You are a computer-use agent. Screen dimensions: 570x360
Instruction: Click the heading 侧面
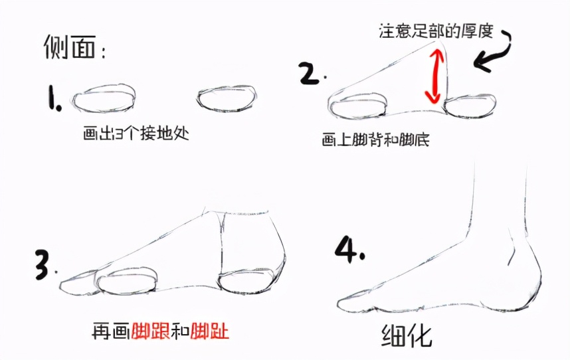click(x=70, y=47)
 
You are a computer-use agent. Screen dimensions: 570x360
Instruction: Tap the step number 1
click(x=54, y=98)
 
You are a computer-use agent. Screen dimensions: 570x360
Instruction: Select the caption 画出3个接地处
click(x=136, y=134)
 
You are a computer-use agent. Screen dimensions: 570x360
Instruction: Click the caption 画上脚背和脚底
click(x=375, y=139)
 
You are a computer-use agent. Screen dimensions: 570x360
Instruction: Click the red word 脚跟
click(x=151, y=331)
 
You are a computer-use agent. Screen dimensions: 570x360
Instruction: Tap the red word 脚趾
click(x=210, y=331)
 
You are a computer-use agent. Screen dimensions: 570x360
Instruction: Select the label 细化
click(x=406, y=335)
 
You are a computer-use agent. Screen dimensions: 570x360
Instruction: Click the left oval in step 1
click(x=104, y=98)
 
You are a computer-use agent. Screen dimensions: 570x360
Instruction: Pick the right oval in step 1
click(x=227, y=98)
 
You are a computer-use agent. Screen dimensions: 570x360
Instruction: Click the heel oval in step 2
click(x=470, y=106)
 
